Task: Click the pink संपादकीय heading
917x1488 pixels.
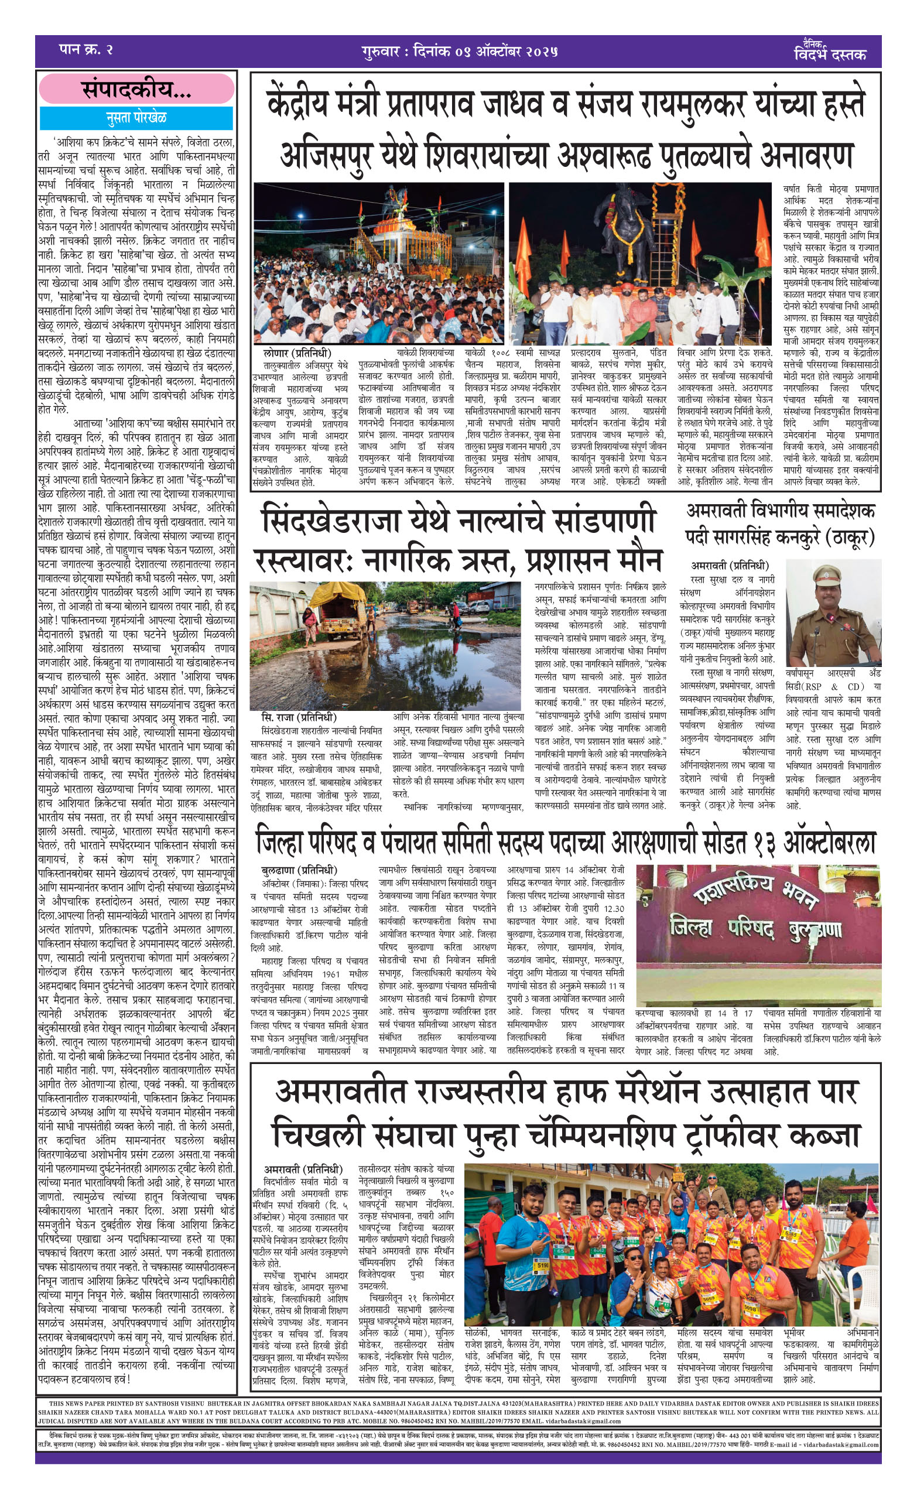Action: pyautogui.click(x=136, y=89)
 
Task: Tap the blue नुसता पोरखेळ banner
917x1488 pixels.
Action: pyautogui.click(x=136, y=118)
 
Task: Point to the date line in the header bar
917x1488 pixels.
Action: pyautogui.click(x=459, y=51)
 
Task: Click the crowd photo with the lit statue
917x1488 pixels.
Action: pyautogui.click(x=378, y=263)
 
